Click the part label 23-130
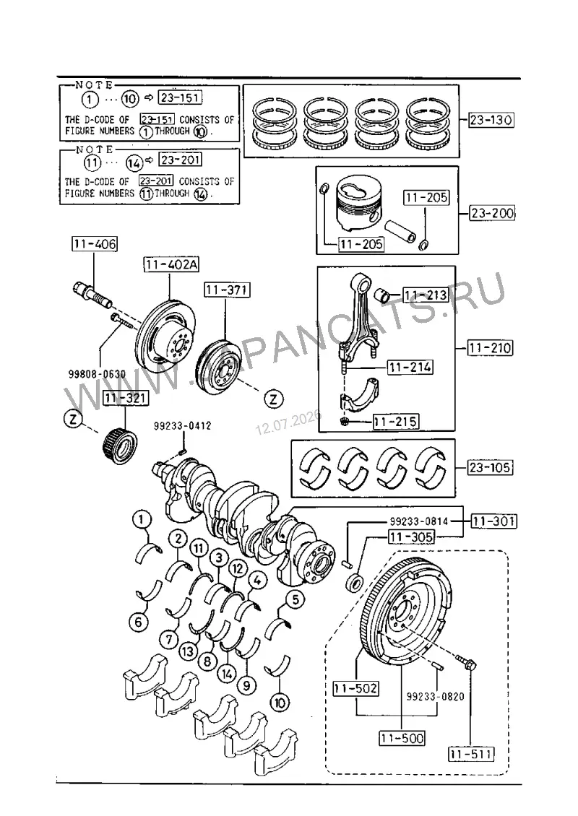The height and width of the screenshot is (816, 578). click(491, 120)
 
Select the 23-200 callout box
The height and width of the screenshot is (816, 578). click(492, 213)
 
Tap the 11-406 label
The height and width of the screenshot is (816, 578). click(95, 243)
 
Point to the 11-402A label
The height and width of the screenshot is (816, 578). click(171, 264)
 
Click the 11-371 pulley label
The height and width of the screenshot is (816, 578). click(227, 290)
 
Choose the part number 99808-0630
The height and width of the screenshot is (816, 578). click(97, 374)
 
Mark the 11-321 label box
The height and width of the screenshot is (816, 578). click(126, 398)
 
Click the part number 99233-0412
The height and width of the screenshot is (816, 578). click(182, 426)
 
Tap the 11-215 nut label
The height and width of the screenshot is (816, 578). click(396, 421)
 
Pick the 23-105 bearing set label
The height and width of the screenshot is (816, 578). click(489, 466)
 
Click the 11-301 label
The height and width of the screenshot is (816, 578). click(493, 521)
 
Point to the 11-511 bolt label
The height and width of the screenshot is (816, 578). click(471, 753)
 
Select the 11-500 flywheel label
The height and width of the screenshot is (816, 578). click(402, 737)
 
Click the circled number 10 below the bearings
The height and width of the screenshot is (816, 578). click(280, 703)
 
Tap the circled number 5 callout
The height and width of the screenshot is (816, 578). click(295, 599)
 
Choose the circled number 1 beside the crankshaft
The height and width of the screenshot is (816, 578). click(142, 519)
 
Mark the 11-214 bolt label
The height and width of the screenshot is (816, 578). click(410, 367)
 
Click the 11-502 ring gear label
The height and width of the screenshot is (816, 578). click(356, 688)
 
